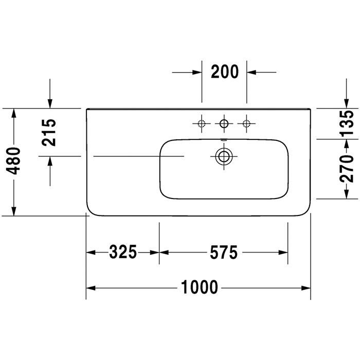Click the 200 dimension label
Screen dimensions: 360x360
coord(225,72)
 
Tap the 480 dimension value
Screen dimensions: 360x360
coord(13,160)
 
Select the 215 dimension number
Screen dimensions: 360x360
coord(49,133)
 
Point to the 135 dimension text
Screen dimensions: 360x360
coord(347,123)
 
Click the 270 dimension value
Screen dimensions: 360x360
coord(347,169)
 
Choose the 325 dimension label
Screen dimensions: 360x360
coord(123,252)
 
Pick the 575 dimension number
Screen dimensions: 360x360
coord(224,253)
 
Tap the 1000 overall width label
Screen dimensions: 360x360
coord(200,287)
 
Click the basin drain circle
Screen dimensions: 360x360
coord(224,156)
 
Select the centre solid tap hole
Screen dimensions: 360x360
coord(224,123)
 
